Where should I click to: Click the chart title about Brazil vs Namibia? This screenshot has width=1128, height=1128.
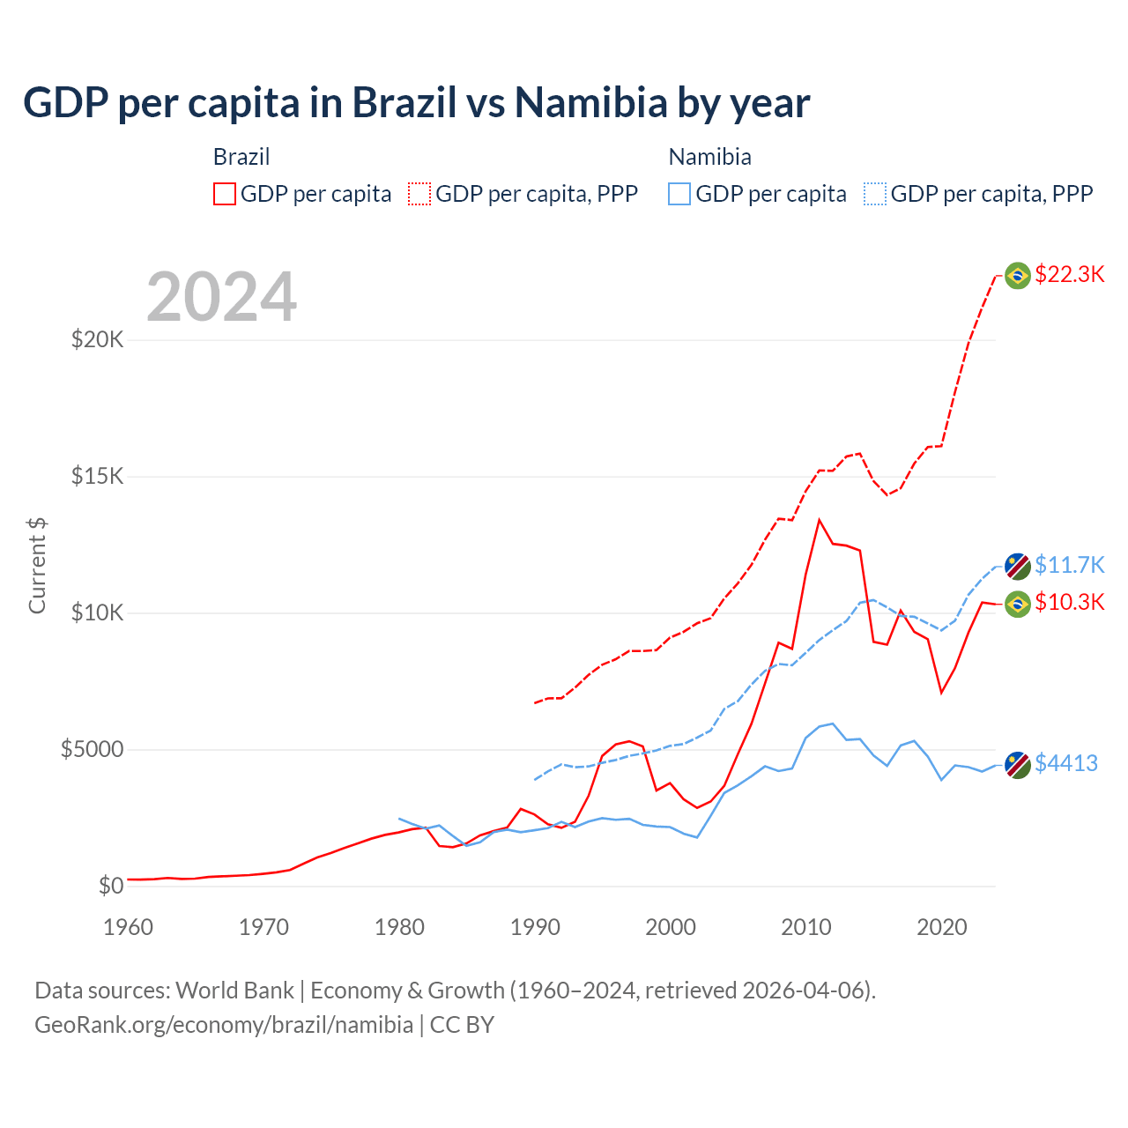pos(416,103)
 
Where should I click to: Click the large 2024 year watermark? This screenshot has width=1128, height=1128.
pos(221,297)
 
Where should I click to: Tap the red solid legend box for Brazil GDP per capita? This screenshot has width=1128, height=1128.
pos(225,194)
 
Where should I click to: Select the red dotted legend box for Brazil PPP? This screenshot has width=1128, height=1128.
pos(419,194)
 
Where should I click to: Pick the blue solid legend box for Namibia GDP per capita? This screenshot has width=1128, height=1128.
pos(679,194)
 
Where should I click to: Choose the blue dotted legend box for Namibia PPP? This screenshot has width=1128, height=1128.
pos(875,194)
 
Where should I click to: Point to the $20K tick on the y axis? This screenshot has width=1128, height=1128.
pos(98,339)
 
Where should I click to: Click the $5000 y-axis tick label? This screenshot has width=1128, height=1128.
pos(92,749)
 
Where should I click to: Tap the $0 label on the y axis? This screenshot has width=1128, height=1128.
pos(110,886)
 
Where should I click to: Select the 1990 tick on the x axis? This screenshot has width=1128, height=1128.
pos(535,927)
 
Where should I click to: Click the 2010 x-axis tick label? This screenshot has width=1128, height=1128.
pos(806,927)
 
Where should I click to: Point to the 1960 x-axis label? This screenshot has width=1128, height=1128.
pos(129,927)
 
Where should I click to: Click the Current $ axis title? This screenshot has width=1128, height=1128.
pos(37,566)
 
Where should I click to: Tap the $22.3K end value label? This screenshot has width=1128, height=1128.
pos(1069,274)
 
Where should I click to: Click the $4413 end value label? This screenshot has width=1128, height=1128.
pos(1065,763)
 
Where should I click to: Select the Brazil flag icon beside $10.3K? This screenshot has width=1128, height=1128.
pos(1018,604)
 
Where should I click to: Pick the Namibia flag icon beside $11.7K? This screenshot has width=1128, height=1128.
pos(1018,566)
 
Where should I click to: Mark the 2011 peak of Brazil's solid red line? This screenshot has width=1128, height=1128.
pos(820,520)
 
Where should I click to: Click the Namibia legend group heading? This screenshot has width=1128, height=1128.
pos(709,157)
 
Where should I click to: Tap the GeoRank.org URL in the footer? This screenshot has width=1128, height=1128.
pos(224,1025)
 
